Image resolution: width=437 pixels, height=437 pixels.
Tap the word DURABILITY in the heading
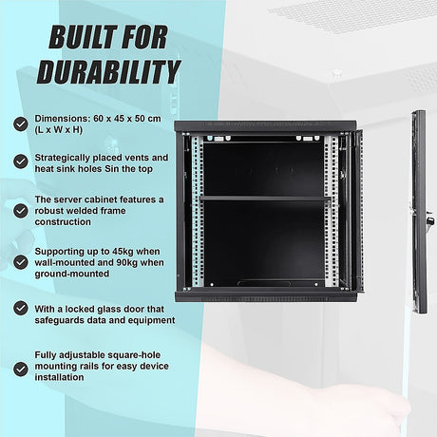[108, 72]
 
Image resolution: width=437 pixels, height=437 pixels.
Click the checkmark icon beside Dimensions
[21, 123]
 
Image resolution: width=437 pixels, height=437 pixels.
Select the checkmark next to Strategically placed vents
[21, 161]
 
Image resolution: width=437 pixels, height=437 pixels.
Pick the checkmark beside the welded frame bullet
[21, 211]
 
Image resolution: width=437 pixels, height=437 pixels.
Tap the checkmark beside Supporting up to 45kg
[21, 262]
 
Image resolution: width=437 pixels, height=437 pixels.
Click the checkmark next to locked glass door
[21, 308]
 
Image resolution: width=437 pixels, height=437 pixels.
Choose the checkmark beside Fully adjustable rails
[21, 370]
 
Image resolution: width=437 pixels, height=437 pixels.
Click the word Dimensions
[63, 119]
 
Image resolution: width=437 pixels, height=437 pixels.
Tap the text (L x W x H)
[59, 130]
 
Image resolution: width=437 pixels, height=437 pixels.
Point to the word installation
[59, 377]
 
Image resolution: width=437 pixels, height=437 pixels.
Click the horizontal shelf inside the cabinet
[265, 199]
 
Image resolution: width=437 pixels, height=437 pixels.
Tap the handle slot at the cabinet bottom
[264, 284]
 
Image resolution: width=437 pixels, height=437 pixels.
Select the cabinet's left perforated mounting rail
[197, 211]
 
